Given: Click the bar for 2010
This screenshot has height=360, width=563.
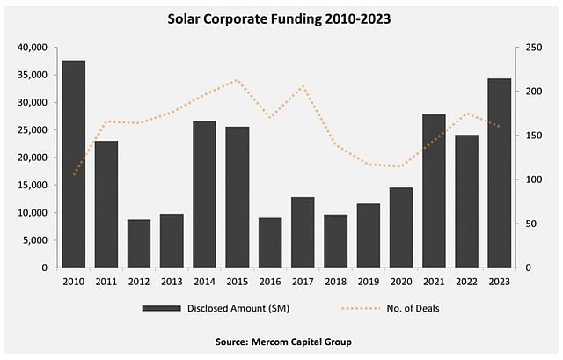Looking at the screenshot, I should tap(73, 164).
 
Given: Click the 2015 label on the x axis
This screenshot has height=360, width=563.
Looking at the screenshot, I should tap(238, 281).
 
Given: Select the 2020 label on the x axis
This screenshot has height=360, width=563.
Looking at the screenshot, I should tap(401, 281).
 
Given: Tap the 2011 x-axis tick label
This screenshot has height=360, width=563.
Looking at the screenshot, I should tap(106, 281).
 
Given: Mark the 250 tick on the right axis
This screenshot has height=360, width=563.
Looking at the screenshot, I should tap(534, 48).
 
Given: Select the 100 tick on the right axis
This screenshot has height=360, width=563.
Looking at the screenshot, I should tap(534, 180).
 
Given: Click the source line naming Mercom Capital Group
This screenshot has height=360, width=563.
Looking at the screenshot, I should tap(281, 341).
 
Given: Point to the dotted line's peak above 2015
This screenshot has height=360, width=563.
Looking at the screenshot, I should tap(237, 80).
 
